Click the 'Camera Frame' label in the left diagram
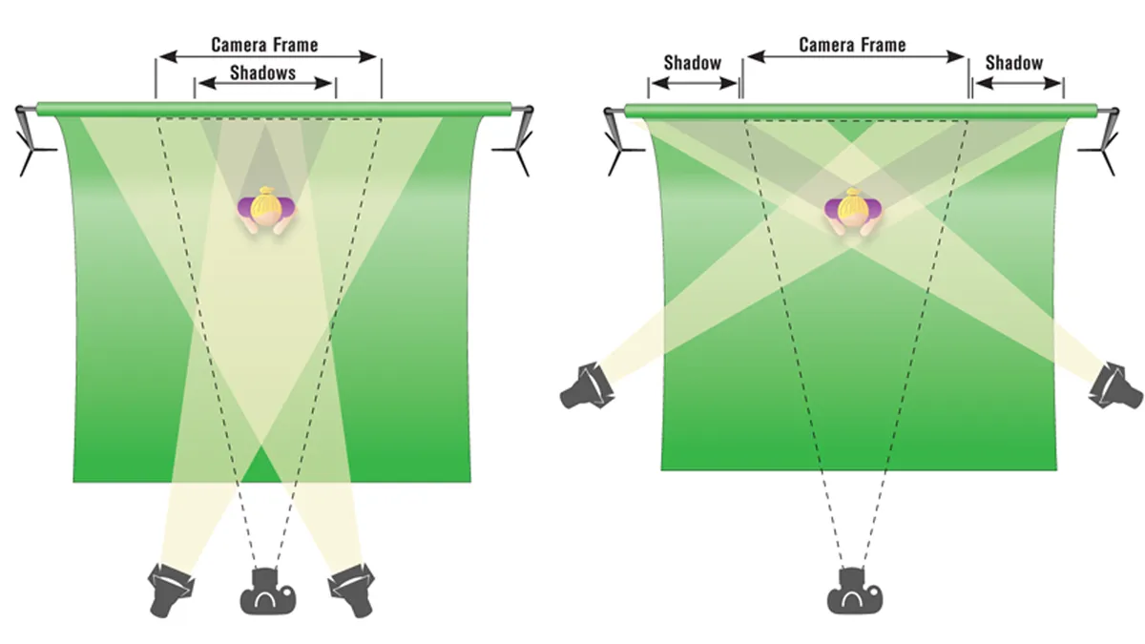264,44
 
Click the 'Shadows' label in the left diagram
262,73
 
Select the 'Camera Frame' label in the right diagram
852,45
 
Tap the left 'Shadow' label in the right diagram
692,62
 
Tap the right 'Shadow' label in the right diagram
1013,62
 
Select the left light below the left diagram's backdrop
172,586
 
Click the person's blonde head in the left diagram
266,201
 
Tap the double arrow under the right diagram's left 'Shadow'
694,84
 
